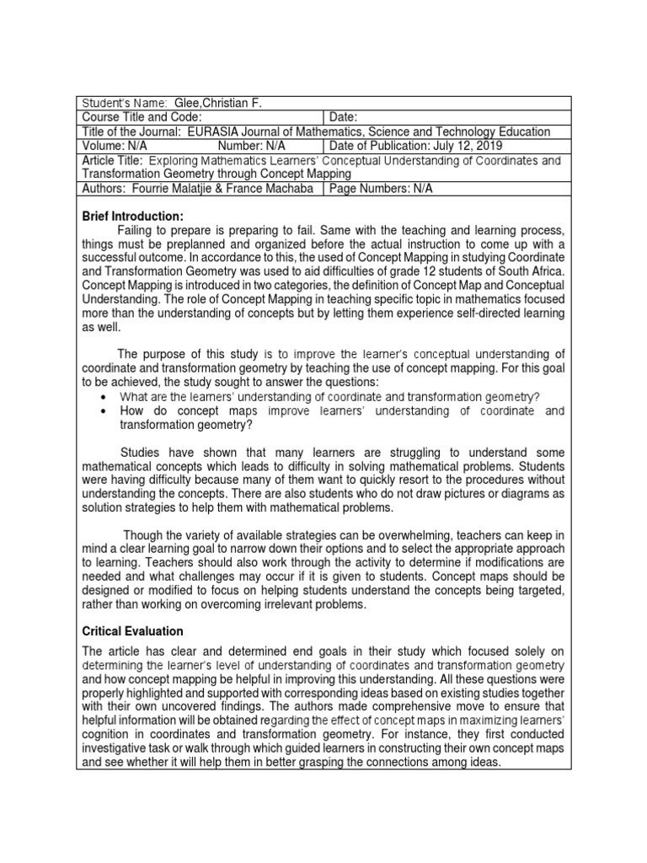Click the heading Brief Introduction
pos(132,217)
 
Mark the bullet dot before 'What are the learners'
pos(102,396)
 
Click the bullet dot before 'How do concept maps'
pos(102,410)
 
